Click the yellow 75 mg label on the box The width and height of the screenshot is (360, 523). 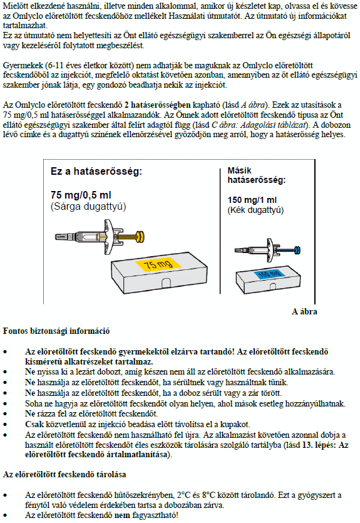pyautogui.click(x=158, y=264)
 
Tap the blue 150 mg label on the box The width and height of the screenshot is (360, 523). pyautogui.click(x=269, y=274)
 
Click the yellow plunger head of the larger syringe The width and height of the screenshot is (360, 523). pyautogui.click(x=141, y=237)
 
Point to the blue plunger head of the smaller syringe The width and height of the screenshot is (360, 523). pyautogui.click(x=297, y=250)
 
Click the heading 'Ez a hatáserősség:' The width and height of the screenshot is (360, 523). pyautogui.click(x=96, y=172)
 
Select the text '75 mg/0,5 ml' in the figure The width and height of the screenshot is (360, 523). pyautogui.click(x=81, y=195)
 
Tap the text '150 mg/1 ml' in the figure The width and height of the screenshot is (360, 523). pyautogui.click(x=252, y=200)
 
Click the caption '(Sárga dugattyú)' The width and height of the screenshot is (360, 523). pyautogui.click(x=88, y=207)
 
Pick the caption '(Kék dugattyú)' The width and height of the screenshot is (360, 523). pyautogui.click(x=255, y=210)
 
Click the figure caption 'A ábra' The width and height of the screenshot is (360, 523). pyautogui.click(x=304, y=311)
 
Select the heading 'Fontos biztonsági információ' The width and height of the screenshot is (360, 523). pyautogui.click(x=56, y=331)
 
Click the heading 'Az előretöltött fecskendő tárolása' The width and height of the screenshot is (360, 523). pyautogui.click(x=64, y=474)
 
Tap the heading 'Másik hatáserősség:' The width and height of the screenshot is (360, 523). pyautogui.click(x=257, y=175)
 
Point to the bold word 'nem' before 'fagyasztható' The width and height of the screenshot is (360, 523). pyautogui.click(x=122, y=515)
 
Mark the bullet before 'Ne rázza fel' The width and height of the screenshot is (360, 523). pyautogui.click(x=6, y=414)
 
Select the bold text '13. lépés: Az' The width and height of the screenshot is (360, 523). pyautogui.click(x=326, y=445)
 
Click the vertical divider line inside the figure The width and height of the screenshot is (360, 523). pyautogui.click(x=220, y=231)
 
